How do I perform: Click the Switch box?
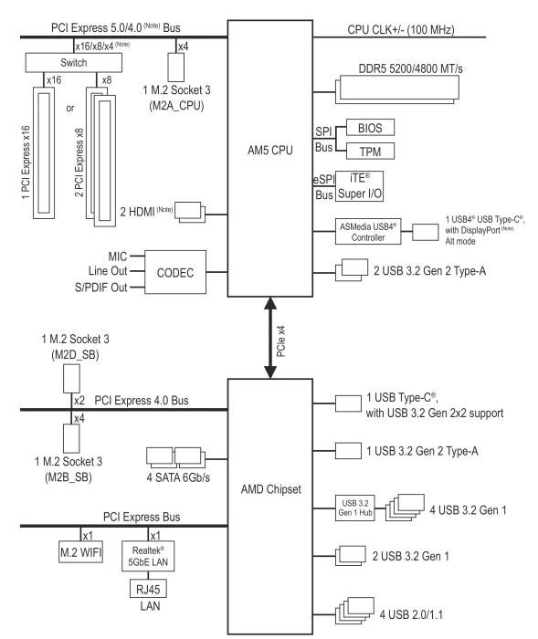73,63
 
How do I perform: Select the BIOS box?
370,128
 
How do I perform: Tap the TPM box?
370,152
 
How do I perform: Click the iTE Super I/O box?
359,186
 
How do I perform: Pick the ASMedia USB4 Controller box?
368,232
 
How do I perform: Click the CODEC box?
175,272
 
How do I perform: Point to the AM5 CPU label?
270,151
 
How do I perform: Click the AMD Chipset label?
271,489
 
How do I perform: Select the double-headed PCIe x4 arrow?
270,338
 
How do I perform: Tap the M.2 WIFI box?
80,551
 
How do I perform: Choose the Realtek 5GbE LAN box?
148,556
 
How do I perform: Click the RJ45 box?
148,589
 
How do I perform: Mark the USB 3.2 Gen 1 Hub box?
354,508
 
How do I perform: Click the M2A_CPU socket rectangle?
176,68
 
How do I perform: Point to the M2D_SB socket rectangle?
71,379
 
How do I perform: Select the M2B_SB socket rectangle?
71,438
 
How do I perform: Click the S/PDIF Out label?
101,288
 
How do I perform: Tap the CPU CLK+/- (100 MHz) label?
401,30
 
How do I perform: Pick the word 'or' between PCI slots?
70,109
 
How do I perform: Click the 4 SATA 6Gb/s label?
178,477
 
